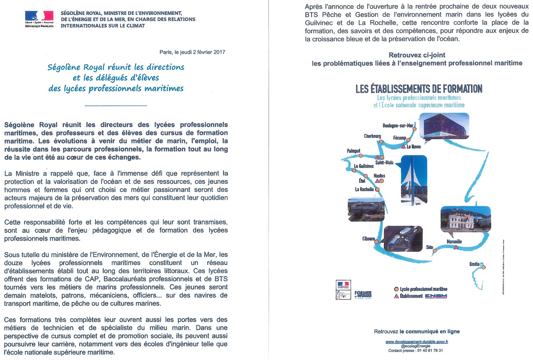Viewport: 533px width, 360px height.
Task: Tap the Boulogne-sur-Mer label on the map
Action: [x=398, y=126]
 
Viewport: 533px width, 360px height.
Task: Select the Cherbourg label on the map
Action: [x=372, y=136]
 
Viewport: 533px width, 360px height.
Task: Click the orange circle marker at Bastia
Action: [x=484, y=267]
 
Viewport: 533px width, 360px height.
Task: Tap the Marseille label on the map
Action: [x=454, y=242]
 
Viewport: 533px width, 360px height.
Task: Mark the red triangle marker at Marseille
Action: [x=456, y=247]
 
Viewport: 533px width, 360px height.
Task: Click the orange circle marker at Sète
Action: [x=435, y=251]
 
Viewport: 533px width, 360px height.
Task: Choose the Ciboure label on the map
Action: [x=368, y=239]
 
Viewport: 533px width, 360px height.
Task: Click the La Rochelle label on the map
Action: [x=364, y=189]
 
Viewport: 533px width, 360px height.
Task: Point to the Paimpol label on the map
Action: [x=353, y=151]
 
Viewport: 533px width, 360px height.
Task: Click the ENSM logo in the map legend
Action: [x=436, y=296]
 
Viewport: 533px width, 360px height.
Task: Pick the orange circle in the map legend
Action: [x=396, y=289]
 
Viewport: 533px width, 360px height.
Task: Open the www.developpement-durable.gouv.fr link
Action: [x=417, y=341]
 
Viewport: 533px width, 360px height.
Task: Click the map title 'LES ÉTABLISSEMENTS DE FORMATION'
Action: [x=419, y=89]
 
